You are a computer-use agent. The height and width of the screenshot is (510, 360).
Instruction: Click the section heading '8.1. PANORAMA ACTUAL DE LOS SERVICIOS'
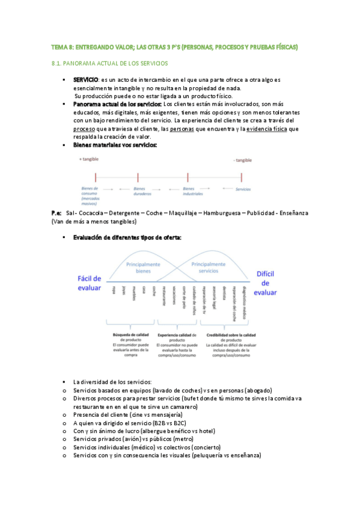pyautogui.click(x=110, y=63)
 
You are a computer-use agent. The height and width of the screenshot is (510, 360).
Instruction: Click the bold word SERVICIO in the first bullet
pyautogui.click(x=86, y=80)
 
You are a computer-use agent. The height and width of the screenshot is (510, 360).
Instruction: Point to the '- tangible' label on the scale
pyautogui.click(x=242, y=160)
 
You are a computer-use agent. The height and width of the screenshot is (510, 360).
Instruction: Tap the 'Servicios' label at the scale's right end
pyautogui.click(x=243, y=189)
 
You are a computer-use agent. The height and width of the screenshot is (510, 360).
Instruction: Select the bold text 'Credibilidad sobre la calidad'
pyautogui.click(x=231, y=335)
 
